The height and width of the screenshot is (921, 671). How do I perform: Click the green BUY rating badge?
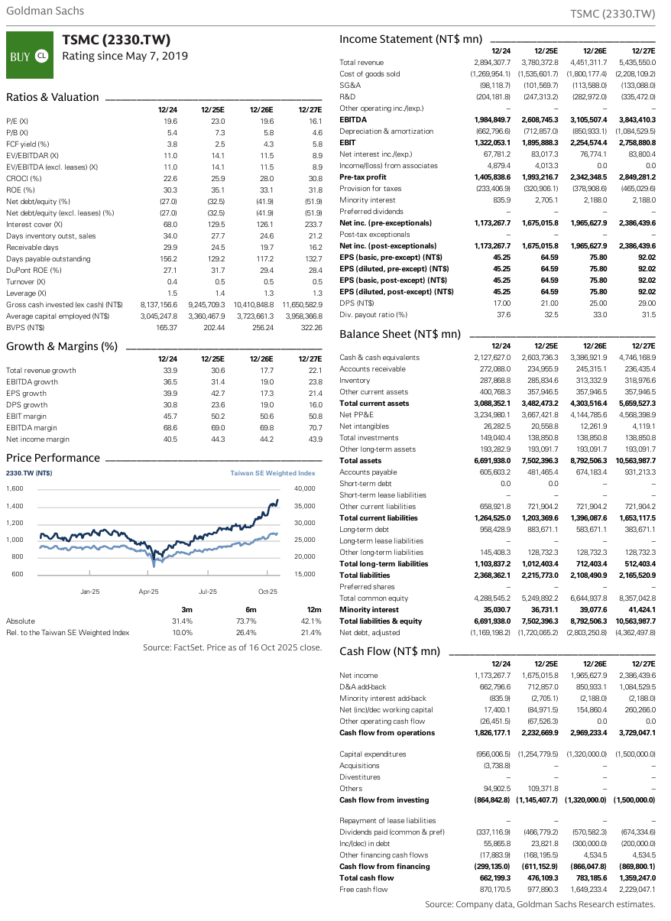point(28,55)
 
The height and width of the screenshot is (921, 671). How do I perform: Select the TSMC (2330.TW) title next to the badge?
point(115,41)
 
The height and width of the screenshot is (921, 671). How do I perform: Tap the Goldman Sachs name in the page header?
point(45,11)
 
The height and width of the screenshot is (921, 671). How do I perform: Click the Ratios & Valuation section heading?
point(53,97)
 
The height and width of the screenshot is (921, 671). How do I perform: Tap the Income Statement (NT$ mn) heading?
point(410,39)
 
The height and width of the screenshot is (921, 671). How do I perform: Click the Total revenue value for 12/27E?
point(637,62)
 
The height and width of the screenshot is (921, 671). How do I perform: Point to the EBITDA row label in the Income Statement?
point(352,120)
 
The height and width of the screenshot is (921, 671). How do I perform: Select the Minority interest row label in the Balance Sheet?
point(369,610)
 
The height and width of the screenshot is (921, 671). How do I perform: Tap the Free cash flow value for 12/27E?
point(637,889)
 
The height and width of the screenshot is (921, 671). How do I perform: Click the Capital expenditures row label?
point(373,754)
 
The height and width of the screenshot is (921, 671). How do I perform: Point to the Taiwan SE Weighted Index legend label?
point(273,474)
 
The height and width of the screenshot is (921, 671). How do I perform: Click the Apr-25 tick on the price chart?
point(148,591)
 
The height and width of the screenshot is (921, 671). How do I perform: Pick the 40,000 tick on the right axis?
point(304,488)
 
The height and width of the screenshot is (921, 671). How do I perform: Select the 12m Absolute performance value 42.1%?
point(310,621)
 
